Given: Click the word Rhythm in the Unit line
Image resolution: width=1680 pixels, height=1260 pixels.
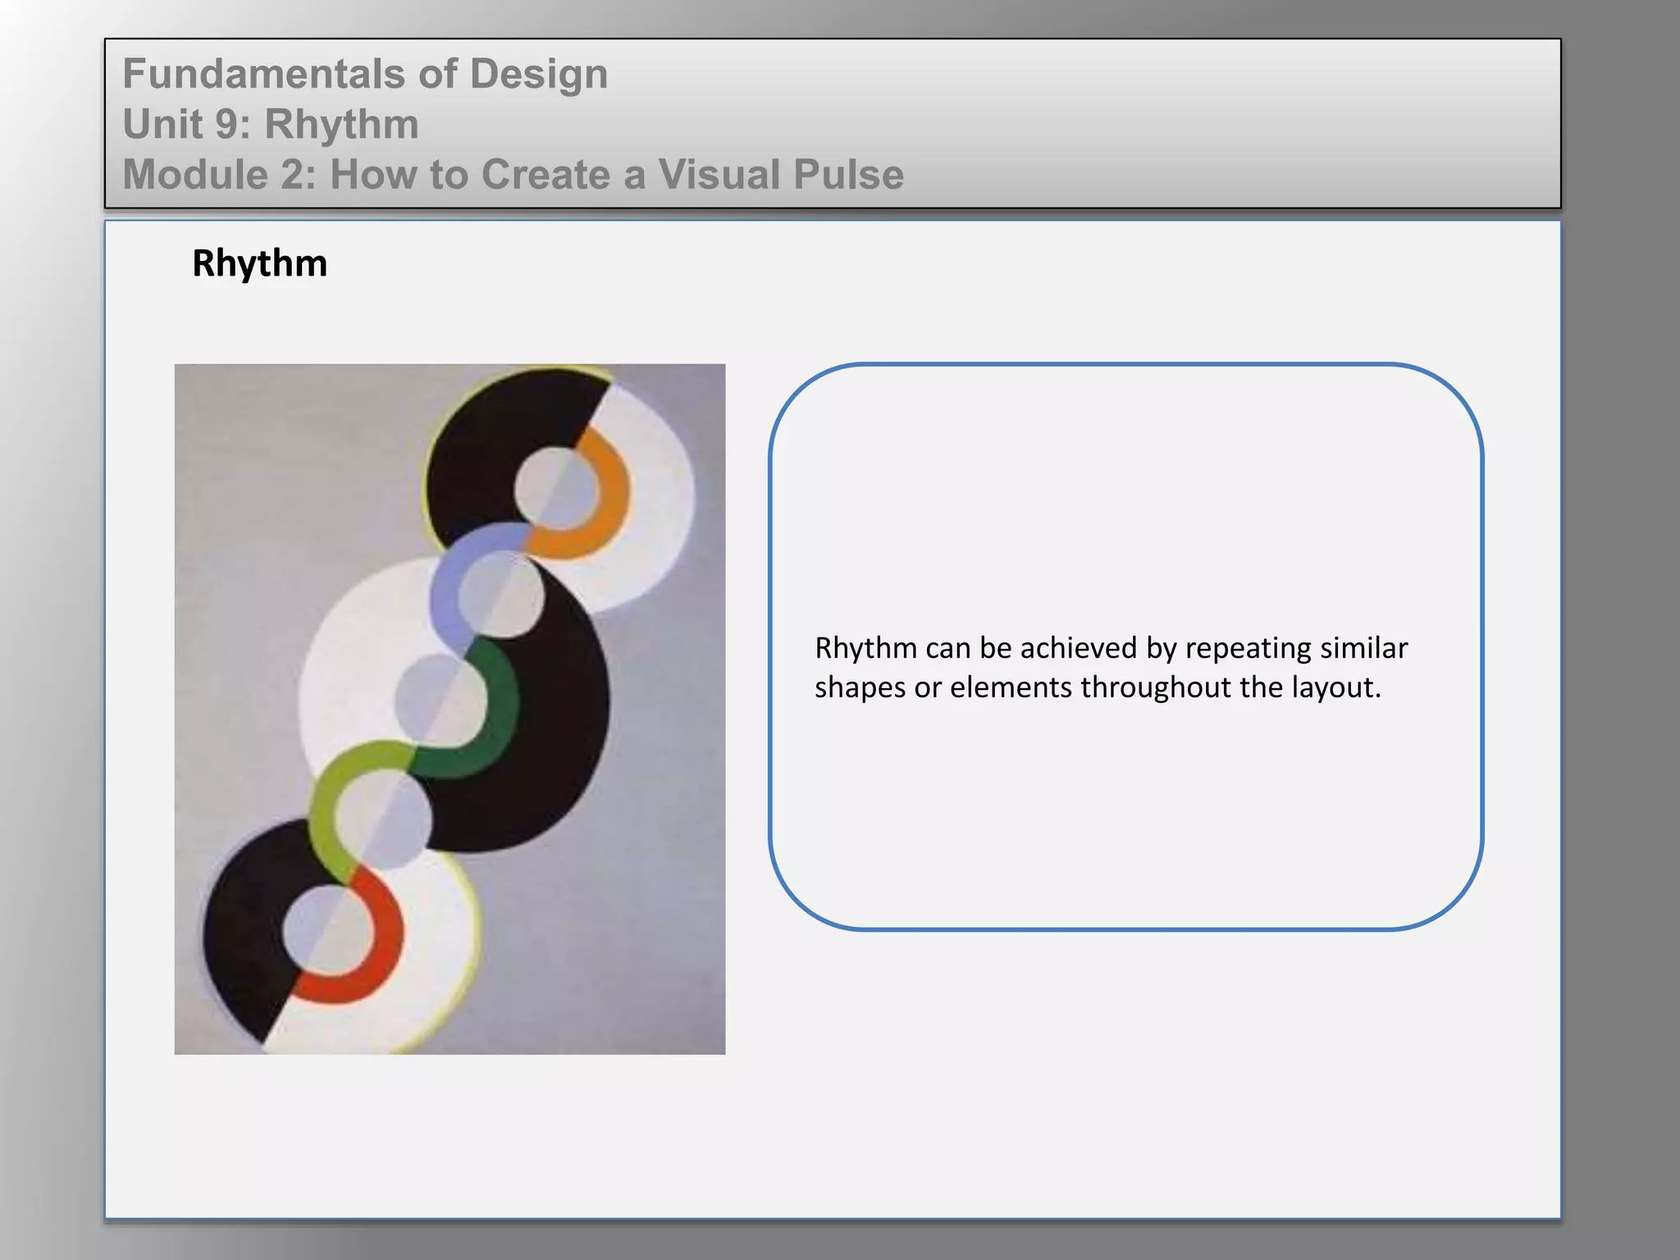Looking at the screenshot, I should (x=341, y=125).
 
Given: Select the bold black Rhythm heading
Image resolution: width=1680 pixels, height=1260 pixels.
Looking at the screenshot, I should (x=259, y=264).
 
